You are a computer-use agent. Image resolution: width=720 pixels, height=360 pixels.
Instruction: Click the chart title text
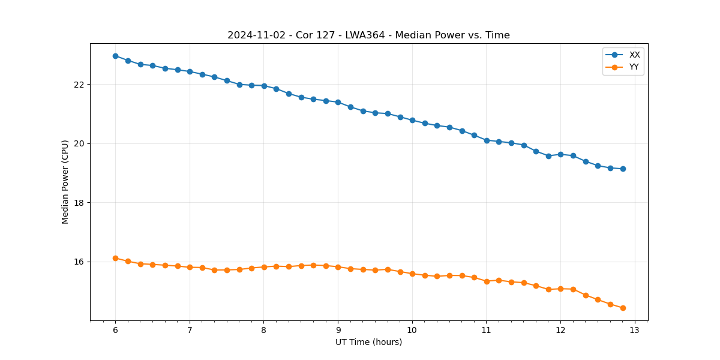(x=368, y=35)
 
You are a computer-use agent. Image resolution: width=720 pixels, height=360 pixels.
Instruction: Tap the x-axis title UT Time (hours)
(x=368, y=342)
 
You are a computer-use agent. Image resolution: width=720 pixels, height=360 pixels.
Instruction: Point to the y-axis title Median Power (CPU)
(x=65, y=182)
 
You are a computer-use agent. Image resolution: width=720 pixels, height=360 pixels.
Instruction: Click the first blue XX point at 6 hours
(x=115, y=56)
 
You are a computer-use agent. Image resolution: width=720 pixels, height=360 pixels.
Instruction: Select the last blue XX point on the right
(x=623, y=169)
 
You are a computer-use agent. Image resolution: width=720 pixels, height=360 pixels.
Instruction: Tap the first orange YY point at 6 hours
(x=115, y=258)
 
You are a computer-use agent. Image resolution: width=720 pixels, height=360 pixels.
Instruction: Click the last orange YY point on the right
(x=623, y=308)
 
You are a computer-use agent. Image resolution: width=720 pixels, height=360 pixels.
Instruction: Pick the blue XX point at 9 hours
(x=338, y=102)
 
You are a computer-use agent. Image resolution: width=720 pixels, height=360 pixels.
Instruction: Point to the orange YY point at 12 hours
(x=560, y=289)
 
